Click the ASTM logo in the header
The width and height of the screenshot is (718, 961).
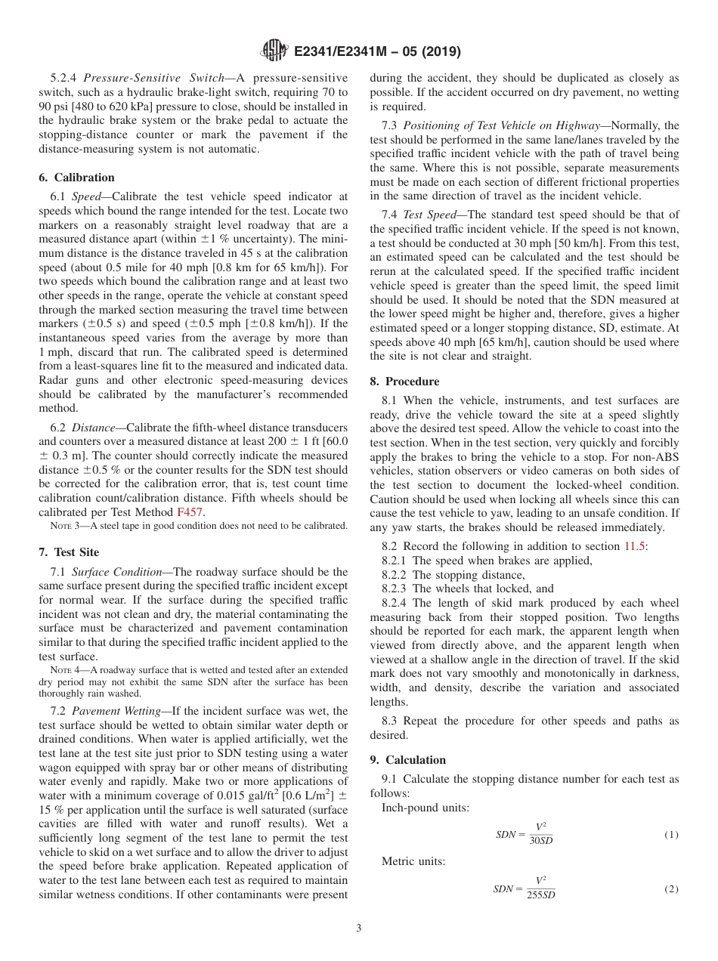(274, 51)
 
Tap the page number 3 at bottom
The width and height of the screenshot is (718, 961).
(359, 928)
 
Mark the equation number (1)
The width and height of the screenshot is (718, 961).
(671, 835)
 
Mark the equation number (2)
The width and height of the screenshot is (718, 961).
(671, 889)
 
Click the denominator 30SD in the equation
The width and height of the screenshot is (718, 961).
(540, 841)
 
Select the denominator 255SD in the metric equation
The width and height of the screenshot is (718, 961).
(540, 895)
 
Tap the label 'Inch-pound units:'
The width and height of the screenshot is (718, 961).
(425, 808)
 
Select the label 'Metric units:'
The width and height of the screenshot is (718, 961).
(413, 862)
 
